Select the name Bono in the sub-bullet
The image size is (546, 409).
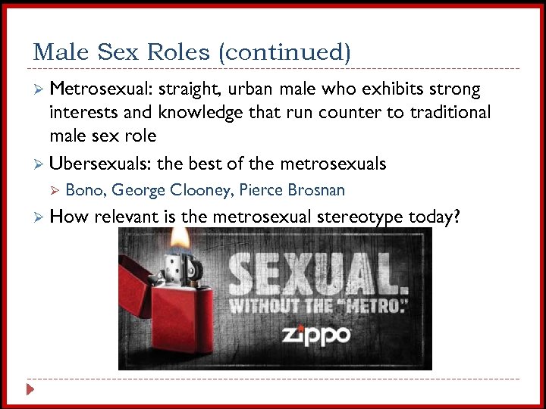pyautogui.click(x=86, y=190)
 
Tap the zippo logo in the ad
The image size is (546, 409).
pyautogui.click(x=316, y=335)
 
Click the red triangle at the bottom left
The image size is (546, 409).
pyautogui.click(x=30, y=390)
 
